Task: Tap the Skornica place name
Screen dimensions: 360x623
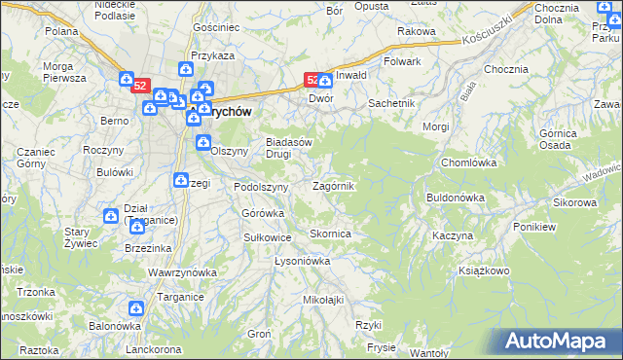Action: click(330, 234)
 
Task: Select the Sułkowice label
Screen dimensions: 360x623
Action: click(268, 236)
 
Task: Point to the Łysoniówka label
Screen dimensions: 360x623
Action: click(303, 261)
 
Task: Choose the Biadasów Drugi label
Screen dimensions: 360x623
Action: click(289, 147)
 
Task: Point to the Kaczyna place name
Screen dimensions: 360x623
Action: click(453, 236)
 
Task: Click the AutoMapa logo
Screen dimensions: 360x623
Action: click(560, 341)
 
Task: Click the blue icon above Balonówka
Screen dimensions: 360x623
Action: click(135, 308)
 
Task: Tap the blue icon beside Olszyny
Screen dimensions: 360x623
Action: click(203, 144)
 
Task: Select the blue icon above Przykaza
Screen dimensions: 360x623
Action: click(186, 70)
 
